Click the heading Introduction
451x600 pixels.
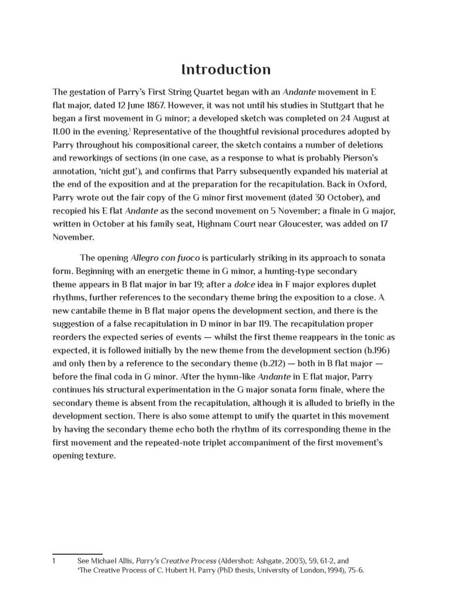(x=225, y=70)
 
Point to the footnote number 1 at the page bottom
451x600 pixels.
(x=54, y=561)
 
